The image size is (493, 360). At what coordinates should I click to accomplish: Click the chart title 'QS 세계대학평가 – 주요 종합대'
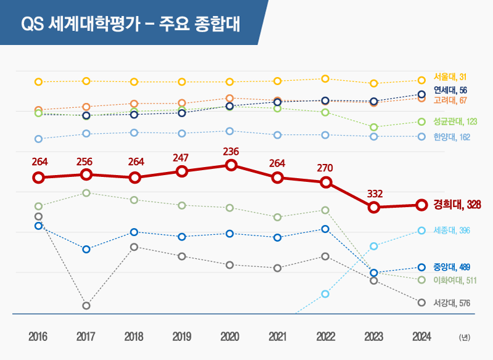click(x=131, y=23)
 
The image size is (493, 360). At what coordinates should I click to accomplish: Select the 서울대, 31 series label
click(x=450, y=76)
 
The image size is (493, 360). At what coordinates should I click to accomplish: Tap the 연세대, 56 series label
click(x=450, y=90)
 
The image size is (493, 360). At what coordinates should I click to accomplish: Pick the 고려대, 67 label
click(x=450, y=100)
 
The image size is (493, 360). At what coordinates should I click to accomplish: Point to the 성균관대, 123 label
click(x=455, y=121)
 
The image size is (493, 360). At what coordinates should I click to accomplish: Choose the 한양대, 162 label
click(x=452, y=137)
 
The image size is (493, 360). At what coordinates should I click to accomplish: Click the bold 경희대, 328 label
click(x=457, y=205)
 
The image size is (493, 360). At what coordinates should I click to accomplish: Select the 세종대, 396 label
click(x=452, y=231)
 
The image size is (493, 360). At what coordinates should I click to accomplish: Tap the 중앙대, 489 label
click(x=452, y=268)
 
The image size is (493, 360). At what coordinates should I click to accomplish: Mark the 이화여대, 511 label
click(x=455, y=280)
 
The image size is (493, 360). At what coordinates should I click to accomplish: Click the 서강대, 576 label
click(x=452, y=303)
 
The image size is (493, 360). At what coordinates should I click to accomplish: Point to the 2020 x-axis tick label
click(x=230, y=337)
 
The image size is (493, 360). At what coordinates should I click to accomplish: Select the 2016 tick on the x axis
click(x=38, y=337)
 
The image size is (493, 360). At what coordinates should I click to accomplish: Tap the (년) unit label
click(x=465, y=337)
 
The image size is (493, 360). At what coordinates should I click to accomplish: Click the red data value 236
click(x=231, y=152)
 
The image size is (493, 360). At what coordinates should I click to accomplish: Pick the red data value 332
click(x=375, y=194)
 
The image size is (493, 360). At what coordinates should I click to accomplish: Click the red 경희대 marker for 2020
click(x=231, y=165)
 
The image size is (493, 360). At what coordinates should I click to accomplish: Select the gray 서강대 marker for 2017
click(x=86, y=306)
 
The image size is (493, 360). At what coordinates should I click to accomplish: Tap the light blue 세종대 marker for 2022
click(x=325, y=294)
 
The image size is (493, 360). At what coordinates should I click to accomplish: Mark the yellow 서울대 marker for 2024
click(x=422, y=81)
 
